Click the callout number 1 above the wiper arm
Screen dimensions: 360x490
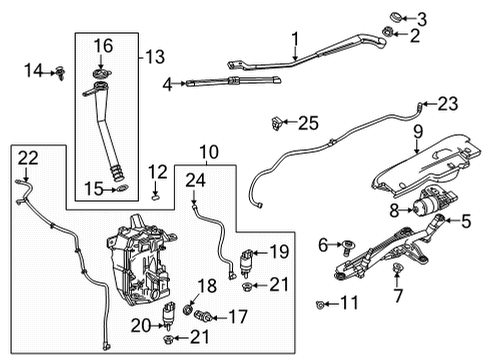[295, 40]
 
